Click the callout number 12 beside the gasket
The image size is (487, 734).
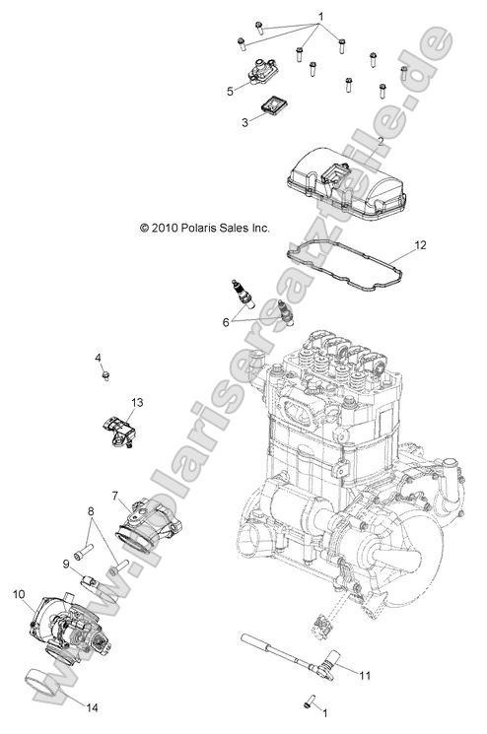[x=420, y=244]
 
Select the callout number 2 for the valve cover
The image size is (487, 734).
[x=381, y=142]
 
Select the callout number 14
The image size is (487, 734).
[x=66, y=564]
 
